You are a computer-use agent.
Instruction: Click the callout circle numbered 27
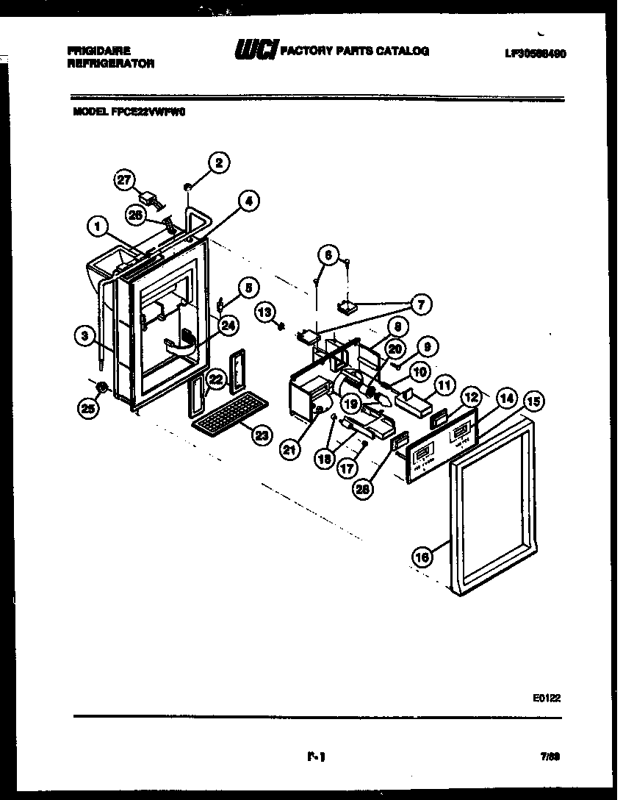click(126, 180)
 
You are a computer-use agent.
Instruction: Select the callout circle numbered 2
click(217, 162)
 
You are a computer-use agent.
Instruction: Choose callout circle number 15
click(534, 401)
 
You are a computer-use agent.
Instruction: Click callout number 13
click(266, 313)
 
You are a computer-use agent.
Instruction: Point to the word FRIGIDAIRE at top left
click(98, 51)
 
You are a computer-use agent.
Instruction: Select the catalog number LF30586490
click(536, 54)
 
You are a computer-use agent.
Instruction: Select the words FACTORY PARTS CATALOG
click(355, 51)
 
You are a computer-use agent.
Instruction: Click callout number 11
click(443, 384)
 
